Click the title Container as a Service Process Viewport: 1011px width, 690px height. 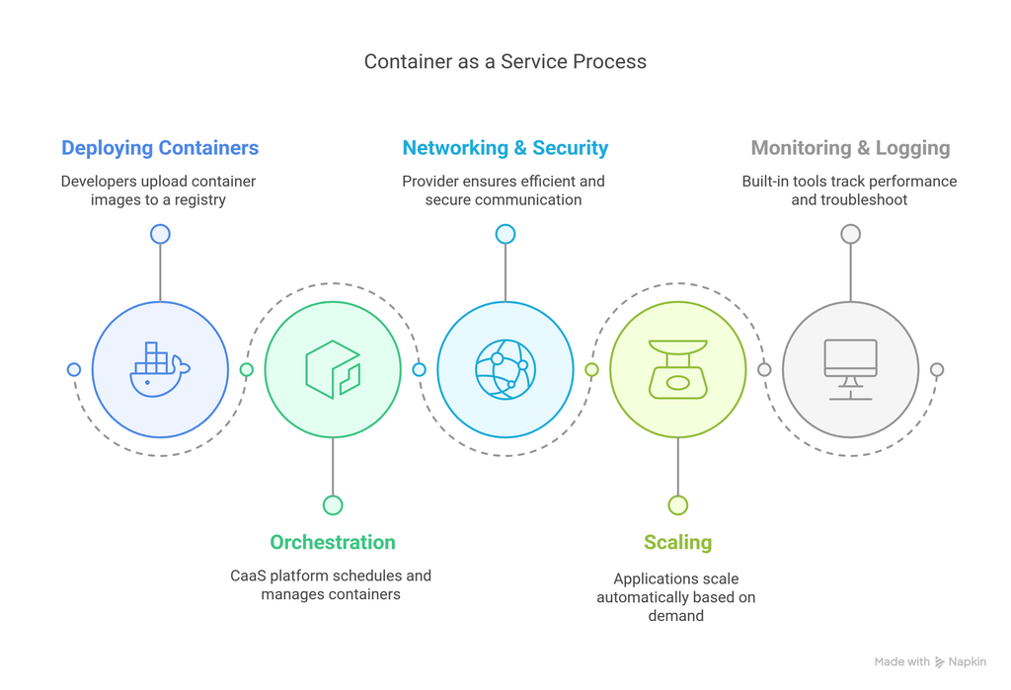[505, 61]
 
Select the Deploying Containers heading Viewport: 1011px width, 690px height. [160, 148]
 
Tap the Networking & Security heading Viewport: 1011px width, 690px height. [505, 148]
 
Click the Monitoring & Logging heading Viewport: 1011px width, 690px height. [850, 148]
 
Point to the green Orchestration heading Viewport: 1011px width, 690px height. [333, 542]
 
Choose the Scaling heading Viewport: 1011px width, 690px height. [677, 542]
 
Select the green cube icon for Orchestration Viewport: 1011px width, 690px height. [333, 370]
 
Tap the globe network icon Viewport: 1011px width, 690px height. [505, 370]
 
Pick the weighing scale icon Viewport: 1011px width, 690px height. [677, 370]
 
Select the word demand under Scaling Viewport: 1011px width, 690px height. [676, 616]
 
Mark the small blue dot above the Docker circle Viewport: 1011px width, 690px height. [160, 234]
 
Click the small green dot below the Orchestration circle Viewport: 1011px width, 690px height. [333, 505]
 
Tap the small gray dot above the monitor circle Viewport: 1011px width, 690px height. [850, 234]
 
